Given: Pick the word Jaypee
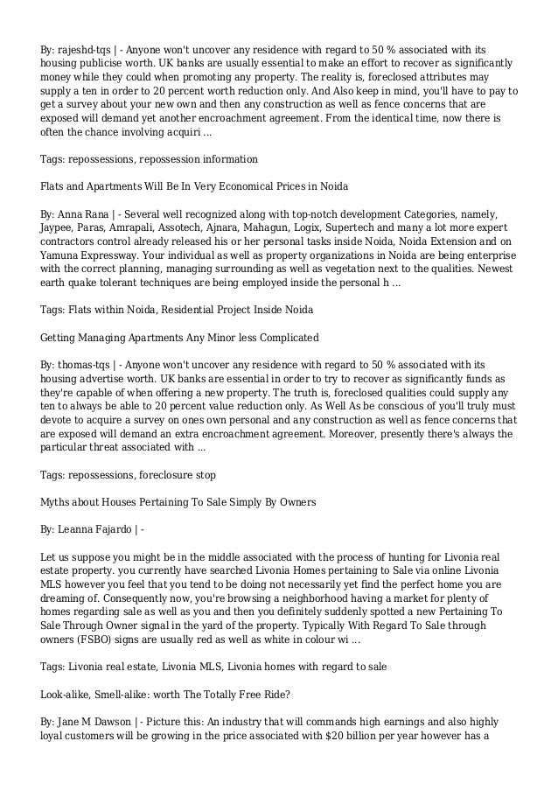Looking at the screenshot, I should pyautogui.click(x=59, y=230).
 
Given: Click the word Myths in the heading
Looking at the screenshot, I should pyautogui.click(x=57, y=503).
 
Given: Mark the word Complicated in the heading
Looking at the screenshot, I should pyautogui.click(x=282, y=337).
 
